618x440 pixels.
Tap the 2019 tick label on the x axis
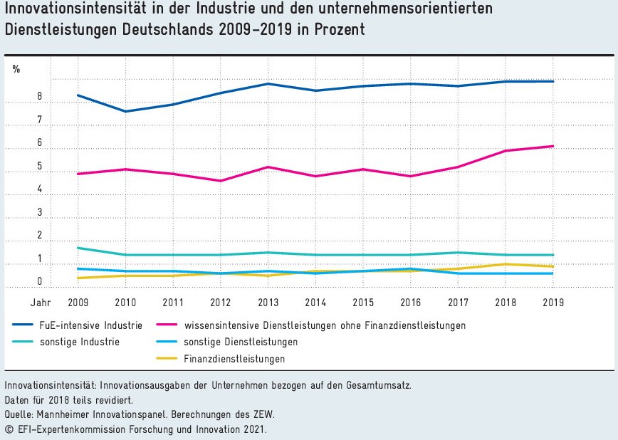coord(553,302)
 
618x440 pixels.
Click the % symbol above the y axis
coord(16,69)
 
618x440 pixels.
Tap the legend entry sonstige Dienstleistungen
coord(241,342)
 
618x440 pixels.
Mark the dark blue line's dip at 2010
coord(126,111)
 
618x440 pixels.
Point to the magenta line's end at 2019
coord(553,146)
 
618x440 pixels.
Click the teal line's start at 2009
coord(78,248)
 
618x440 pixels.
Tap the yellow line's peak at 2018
coord(506,264)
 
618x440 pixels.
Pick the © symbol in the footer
coord(9,429)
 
